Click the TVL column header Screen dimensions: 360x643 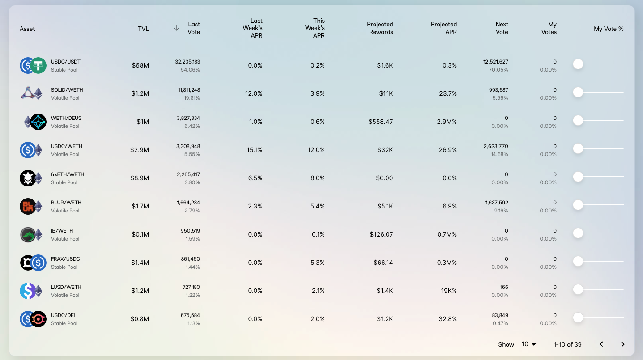point(143,29)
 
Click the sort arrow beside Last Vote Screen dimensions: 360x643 point(176,28)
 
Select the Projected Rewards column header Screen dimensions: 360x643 point(380,28)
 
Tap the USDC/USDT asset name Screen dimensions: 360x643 point(66,62)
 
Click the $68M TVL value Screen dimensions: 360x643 point(140,65)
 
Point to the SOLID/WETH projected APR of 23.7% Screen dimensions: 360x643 point(448,93)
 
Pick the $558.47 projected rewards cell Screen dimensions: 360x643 point(381,122)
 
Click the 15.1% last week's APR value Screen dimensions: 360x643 point(255,150)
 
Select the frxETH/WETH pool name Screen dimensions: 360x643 point(68,174)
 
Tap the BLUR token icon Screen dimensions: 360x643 point(27,206)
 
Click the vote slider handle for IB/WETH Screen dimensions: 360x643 point(578,233)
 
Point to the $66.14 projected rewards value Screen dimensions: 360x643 point(383,263)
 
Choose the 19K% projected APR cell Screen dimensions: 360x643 point(449,291)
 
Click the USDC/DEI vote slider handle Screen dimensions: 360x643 point(578,318)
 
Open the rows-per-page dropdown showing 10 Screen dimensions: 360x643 point(529,344)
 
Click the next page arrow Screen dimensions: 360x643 point(622,344)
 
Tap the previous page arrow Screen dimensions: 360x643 point(601,344)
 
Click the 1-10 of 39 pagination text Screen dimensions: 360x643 point(567,344)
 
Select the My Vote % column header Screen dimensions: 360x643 point(609,29)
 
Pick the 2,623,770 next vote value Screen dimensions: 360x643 point(496,146)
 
